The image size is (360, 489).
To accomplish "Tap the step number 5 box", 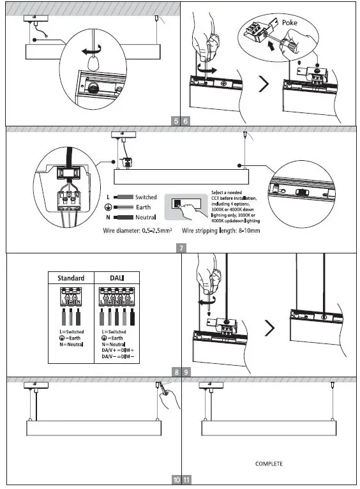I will (176, 120).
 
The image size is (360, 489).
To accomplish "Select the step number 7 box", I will (181, 248).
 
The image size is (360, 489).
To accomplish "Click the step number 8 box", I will (176, 372).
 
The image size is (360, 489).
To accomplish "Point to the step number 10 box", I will (176, 480).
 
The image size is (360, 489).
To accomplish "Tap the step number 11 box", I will (186, 480).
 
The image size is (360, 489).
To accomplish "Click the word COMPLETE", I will (269, 463).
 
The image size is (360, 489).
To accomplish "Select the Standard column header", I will (71, 278).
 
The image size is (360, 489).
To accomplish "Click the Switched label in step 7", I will (146, 198).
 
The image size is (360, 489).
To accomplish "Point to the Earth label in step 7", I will (142, 207).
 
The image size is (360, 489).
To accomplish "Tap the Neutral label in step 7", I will (145, 218).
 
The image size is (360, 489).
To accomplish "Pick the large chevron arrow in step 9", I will (270, 328).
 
